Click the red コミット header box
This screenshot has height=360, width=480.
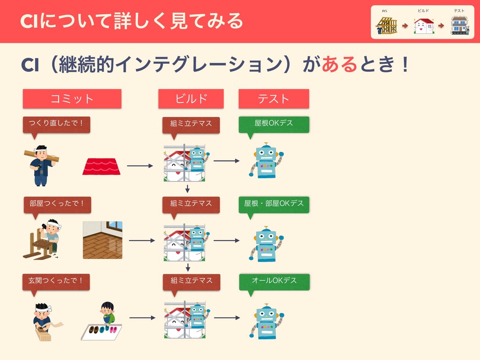[x=72, y=99]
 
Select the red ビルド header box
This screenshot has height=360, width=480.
[x=191, y=99]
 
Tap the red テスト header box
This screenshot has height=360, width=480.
[x=274, y=99]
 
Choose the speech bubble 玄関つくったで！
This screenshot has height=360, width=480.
[x=56, y=281]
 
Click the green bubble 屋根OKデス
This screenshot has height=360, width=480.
[x=274, y=123]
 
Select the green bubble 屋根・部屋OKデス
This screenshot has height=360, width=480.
[x=274, y=203]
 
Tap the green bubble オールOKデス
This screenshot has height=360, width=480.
[x=274, y=281]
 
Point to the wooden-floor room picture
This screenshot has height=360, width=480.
[x=103, y=240]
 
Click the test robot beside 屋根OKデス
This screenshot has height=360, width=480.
[x=266, y=160]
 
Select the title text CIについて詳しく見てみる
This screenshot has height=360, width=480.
[x=132, y=21]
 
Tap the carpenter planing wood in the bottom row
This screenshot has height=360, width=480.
[x=44, y=321]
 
